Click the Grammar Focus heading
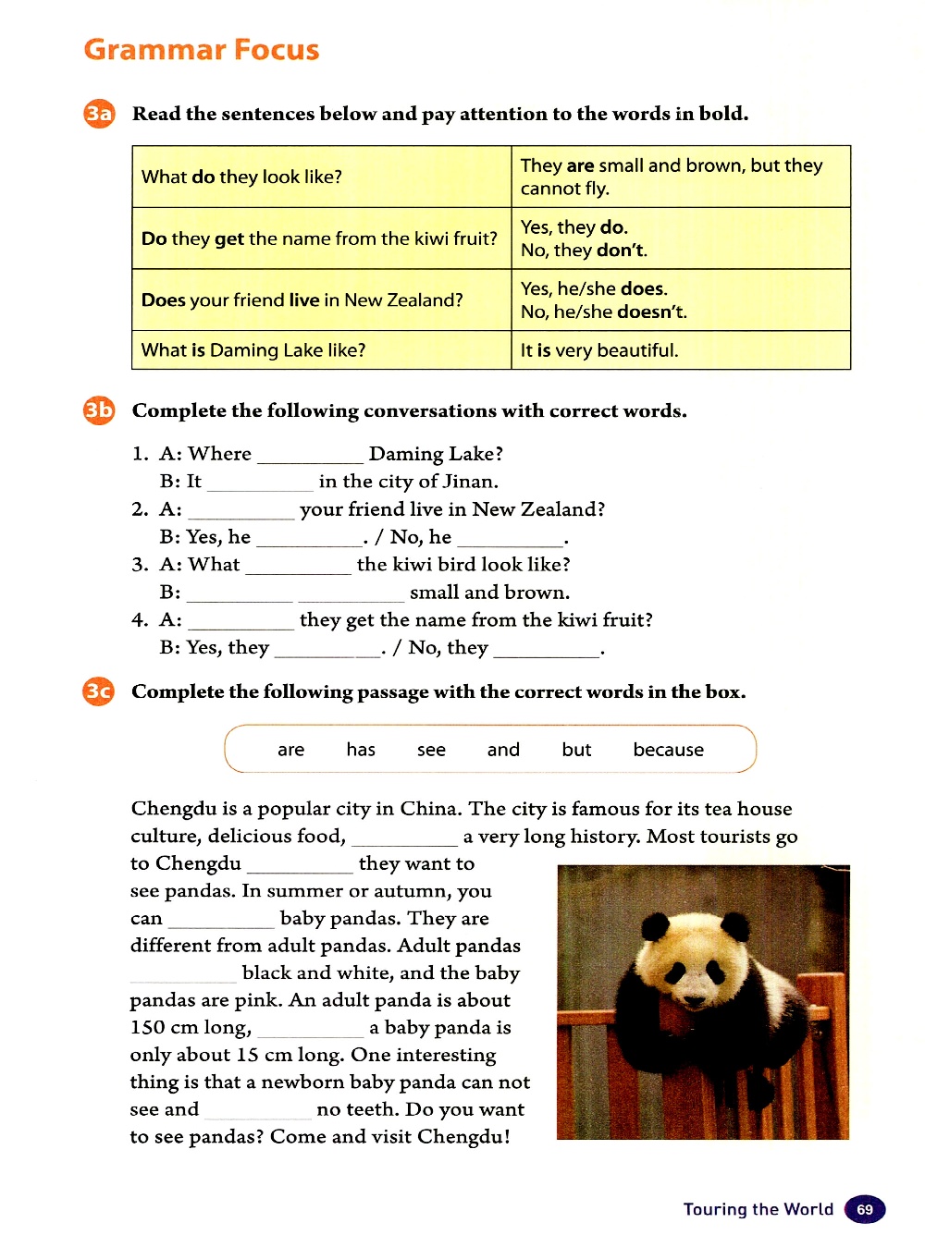pos(201,50)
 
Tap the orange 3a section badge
pos(99,114)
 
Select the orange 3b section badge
pos(99,410)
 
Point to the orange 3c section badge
pos(99,691)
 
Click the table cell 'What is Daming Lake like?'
pos(321,350)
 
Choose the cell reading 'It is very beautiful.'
pos(680,350)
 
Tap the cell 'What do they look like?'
pos(321,177)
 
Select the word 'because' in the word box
pos(668,750)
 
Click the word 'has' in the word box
pos(361,750)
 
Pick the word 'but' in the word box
pos(576,750)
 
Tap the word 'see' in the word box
pos(431,750)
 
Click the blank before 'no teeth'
pos(257,1112)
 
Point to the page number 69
pos(865,1209)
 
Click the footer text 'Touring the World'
pos(758,1209)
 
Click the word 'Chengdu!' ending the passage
pos(463,1137)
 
